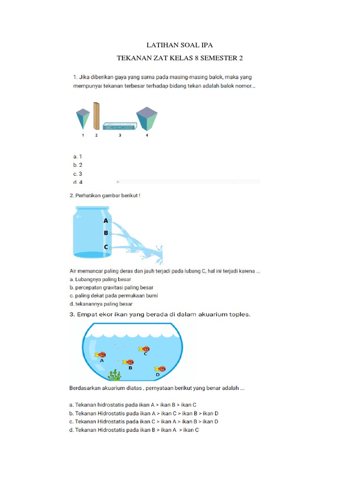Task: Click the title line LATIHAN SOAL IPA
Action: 180,45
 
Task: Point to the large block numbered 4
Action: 147,119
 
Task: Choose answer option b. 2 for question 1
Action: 78,165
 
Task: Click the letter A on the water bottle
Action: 106,220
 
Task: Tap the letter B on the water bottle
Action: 106,233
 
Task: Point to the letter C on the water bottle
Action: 106,247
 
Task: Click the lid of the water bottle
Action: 92,208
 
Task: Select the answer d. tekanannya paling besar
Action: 101,304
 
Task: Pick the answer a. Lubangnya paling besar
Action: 100,279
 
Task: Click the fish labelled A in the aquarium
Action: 100,355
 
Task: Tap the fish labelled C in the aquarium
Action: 144,349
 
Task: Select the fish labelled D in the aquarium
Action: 160,369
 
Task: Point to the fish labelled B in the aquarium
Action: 128,362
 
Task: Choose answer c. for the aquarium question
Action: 143,421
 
